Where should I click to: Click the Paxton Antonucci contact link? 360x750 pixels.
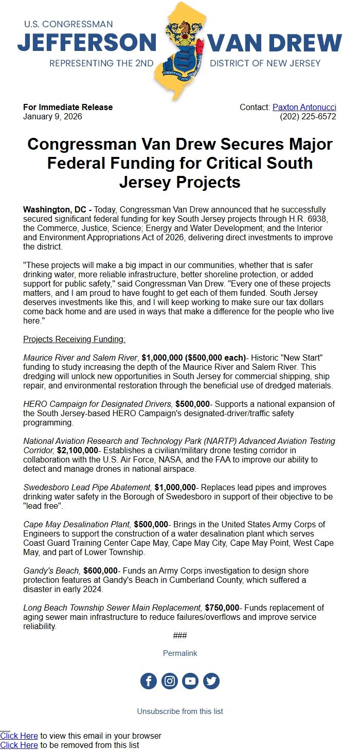(304, 108)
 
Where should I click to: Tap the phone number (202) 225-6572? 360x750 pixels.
(308, 117)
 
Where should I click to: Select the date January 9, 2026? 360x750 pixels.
(52, 117)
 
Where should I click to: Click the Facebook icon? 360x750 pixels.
(149, 681)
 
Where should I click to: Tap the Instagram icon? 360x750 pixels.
(170, 681)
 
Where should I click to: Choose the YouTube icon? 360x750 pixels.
(190, 681)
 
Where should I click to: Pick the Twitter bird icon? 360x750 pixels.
(211, 681)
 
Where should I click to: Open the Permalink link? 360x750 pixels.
(180, 653)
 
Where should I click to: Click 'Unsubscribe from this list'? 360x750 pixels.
(180, 711)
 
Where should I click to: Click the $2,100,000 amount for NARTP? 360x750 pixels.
(77, 450)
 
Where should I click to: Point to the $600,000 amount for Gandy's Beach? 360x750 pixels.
(100, 570)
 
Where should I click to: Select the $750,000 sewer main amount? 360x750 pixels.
(222, 608)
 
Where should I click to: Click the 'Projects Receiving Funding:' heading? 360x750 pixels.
(75, 340)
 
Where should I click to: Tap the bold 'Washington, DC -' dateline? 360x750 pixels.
(58, 210)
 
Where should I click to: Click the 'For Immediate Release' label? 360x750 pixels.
(68, 108)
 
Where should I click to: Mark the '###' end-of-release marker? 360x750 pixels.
(180, 636)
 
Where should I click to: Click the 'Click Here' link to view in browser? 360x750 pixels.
(19, 736)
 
